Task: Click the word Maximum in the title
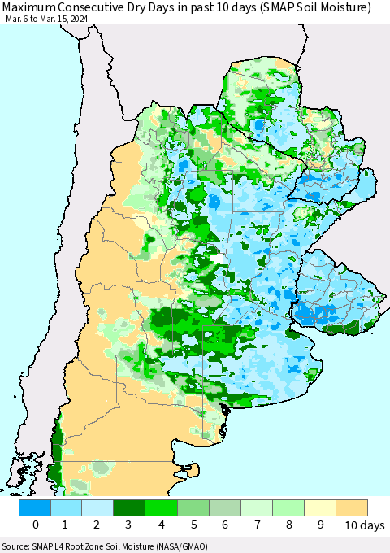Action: point(30,8)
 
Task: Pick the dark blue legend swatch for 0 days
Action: point(35,507)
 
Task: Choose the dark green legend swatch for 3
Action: point(130,507)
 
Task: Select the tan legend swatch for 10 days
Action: point(351,507)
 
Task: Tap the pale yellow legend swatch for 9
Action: point(319,507)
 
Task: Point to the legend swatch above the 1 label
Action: point(67,507)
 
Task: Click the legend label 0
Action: point(35,525)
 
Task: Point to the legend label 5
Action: point(193,525)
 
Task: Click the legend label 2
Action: point(98,525)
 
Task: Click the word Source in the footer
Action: point(16,546)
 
